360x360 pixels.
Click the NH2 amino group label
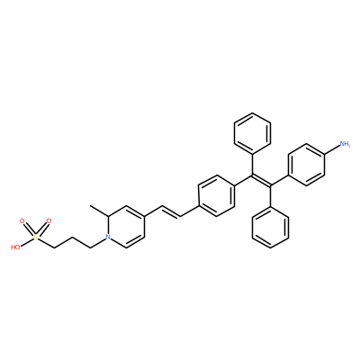(345, 144)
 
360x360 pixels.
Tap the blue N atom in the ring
(109, 238)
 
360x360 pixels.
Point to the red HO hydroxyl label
(15, 247)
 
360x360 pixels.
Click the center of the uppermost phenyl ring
(252, 133)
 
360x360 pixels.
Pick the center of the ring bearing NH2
(306, 165)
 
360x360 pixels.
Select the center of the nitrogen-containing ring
(126, 227)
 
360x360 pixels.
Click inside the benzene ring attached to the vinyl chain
(216, 196)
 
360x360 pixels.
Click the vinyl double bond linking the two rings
(171, 211)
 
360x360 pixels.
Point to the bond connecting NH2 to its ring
(332, 150)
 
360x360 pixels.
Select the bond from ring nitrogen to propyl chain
(98, 243)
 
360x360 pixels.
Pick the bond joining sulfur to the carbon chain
(46, 243)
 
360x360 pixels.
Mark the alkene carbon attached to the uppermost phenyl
(252, 175)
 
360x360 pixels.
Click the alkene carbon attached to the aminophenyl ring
(270, 185)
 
